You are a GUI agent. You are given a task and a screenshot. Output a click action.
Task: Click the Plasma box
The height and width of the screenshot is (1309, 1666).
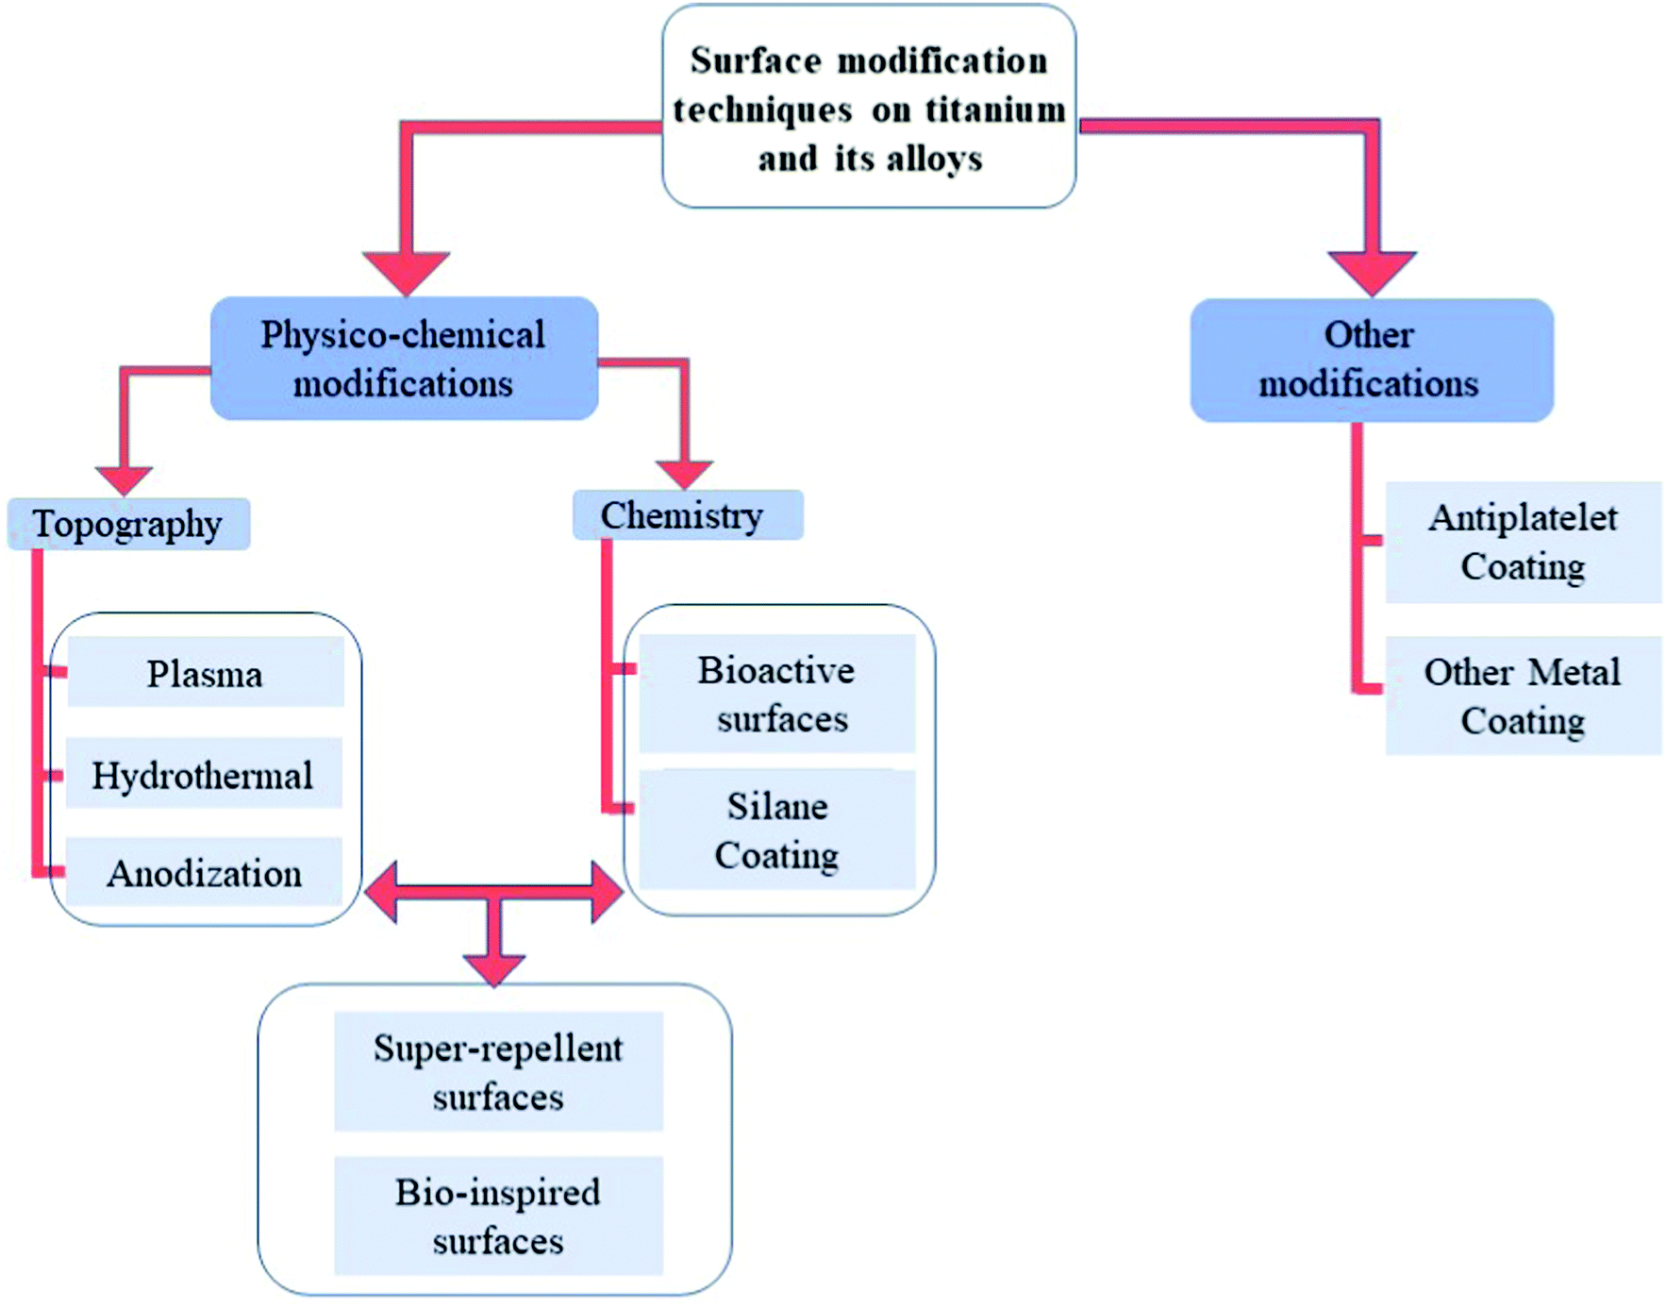206,672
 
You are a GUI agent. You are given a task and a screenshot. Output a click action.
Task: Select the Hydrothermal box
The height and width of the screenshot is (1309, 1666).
204,774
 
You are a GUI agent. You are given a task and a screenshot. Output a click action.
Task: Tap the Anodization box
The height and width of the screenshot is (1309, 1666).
204,872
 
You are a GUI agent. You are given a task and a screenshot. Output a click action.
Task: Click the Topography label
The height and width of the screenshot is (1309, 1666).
128,524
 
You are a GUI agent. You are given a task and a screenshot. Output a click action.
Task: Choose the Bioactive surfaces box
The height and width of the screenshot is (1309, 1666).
777,694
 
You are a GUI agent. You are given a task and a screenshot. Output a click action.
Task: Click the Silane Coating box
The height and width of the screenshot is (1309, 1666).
777,830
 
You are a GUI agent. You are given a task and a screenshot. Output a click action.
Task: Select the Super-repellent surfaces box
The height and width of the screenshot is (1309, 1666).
498,1072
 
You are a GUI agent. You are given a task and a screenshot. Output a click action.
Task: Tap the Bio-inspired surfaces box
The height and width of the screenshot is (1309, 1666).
498,1216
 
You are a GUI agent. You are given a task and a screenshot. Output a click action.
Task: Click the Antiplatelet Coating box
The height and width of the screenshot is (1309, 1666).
1523,542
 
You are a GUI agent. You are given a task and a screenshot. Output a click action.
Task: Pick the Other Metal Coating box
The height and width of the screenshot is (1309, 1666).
1523,696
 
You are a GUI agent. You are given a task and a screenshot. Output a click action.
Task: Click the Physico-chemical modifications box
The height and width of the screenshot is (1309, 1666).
404,359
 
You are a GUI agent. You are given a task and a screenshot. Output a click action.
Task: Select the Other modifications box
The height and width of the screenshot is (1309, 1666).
1371,360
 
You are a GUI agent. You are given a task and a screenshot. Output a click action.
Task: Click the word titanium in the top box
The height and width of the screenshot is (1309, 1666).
994,110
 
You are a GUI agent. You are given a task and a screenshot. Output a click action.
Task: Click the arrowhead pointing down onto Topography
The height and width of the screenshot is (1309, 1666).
124,479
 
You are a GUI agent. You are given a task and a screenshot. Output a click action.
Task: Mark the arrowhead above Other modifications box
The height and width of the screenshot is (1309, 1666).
1372,272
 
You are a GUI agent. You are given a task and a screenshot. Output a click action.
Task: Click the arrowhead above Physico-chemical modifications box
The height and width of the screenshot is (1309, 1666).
406,272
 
